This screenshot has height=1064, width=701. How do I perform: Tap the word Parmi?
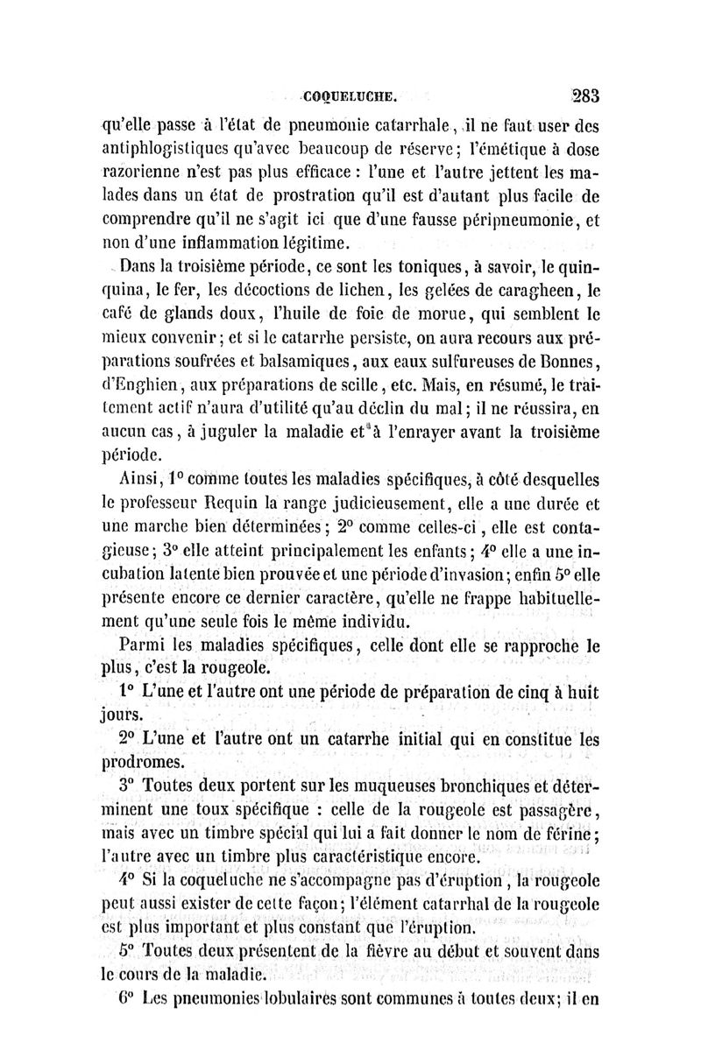click(139, 649)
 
